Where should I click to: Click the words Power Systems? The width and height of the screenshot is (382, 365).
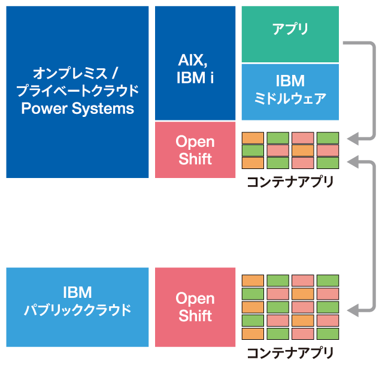77,108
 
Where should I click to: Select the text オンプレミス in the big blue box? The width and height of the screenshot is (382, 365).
70,73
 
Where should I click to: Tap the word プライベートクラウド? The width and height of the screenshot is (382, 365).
77,91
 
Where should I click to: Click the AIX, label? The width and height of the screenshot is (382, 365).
193,60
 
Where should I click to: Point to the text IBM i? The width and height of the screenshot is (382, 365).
195,78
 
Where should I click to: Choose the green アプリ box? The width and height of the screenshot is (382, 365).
290,34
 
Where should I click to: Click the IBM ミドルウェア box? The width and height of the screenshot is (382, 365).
290,92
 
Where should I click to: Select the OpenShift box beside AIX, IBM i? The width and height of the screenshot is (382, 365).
195,150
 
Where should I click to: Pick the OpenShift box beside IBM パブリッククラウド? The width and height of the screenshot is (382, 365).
195,307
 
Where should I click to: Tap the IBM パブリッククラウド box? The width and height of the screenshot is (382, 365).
77,307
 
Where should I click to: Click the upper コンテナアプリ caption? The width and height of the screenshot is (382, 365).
290,182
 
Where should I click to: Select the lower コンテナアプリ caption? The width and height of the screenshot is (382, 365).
290,353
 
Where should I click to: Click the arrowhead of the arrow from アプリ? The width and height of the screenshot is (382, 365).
353,140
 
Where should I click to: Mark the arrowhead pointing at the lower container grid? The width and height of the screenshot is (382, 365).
353,311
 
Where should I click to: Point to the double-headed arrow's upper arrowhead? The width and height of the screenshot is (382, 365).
353,161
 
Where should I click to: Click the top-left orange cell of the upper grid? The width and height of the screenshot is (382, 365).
253,138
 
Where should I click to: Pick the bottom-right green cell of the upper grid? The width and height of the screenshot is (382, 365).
328,163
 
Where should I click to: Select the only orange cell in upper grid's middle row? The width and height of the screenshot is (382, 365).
303,150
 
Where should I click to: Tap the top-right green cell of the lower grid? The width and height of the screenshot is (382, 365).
328,280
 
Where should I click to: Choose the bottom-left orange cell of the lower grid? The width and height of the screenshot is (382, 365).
253,334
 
